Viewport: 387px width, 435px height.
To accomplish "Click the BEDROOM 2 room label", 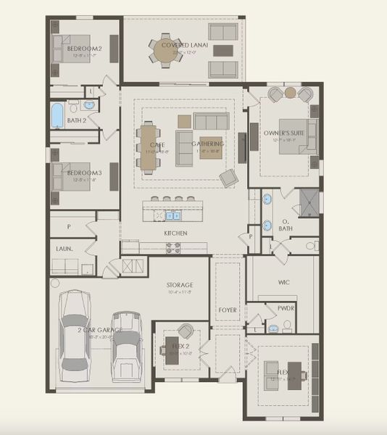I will click(x=85, y=49).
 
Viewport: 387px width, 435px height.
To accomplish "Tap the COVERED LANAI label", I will click(x=184, y=45).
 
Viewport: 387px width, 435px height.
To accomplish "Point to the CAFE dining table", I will click(x=149, y=148).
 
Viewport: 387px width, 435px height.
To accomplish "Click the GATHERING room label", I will click(x=207, y=144).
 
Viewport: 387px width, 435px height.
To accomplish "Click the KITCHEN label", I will click(x=175, y=233).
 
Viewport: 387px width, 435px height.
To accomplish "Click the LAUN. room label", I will click(x=64, y=249).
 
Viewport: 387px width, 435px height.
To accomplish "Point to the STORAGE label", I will click(x=180, y=286).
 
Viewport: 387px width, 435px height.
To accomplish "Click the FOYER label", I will click(x=228, y=310).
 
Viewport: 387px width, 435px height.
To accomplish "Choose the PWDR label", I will click(x=285, y=308).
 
